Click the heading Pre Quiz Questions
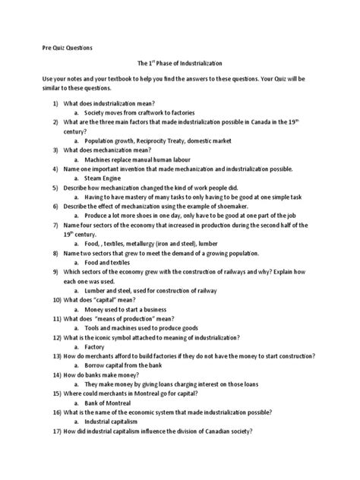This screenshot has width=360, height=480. pyautogui.click(x=67, y=47)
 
